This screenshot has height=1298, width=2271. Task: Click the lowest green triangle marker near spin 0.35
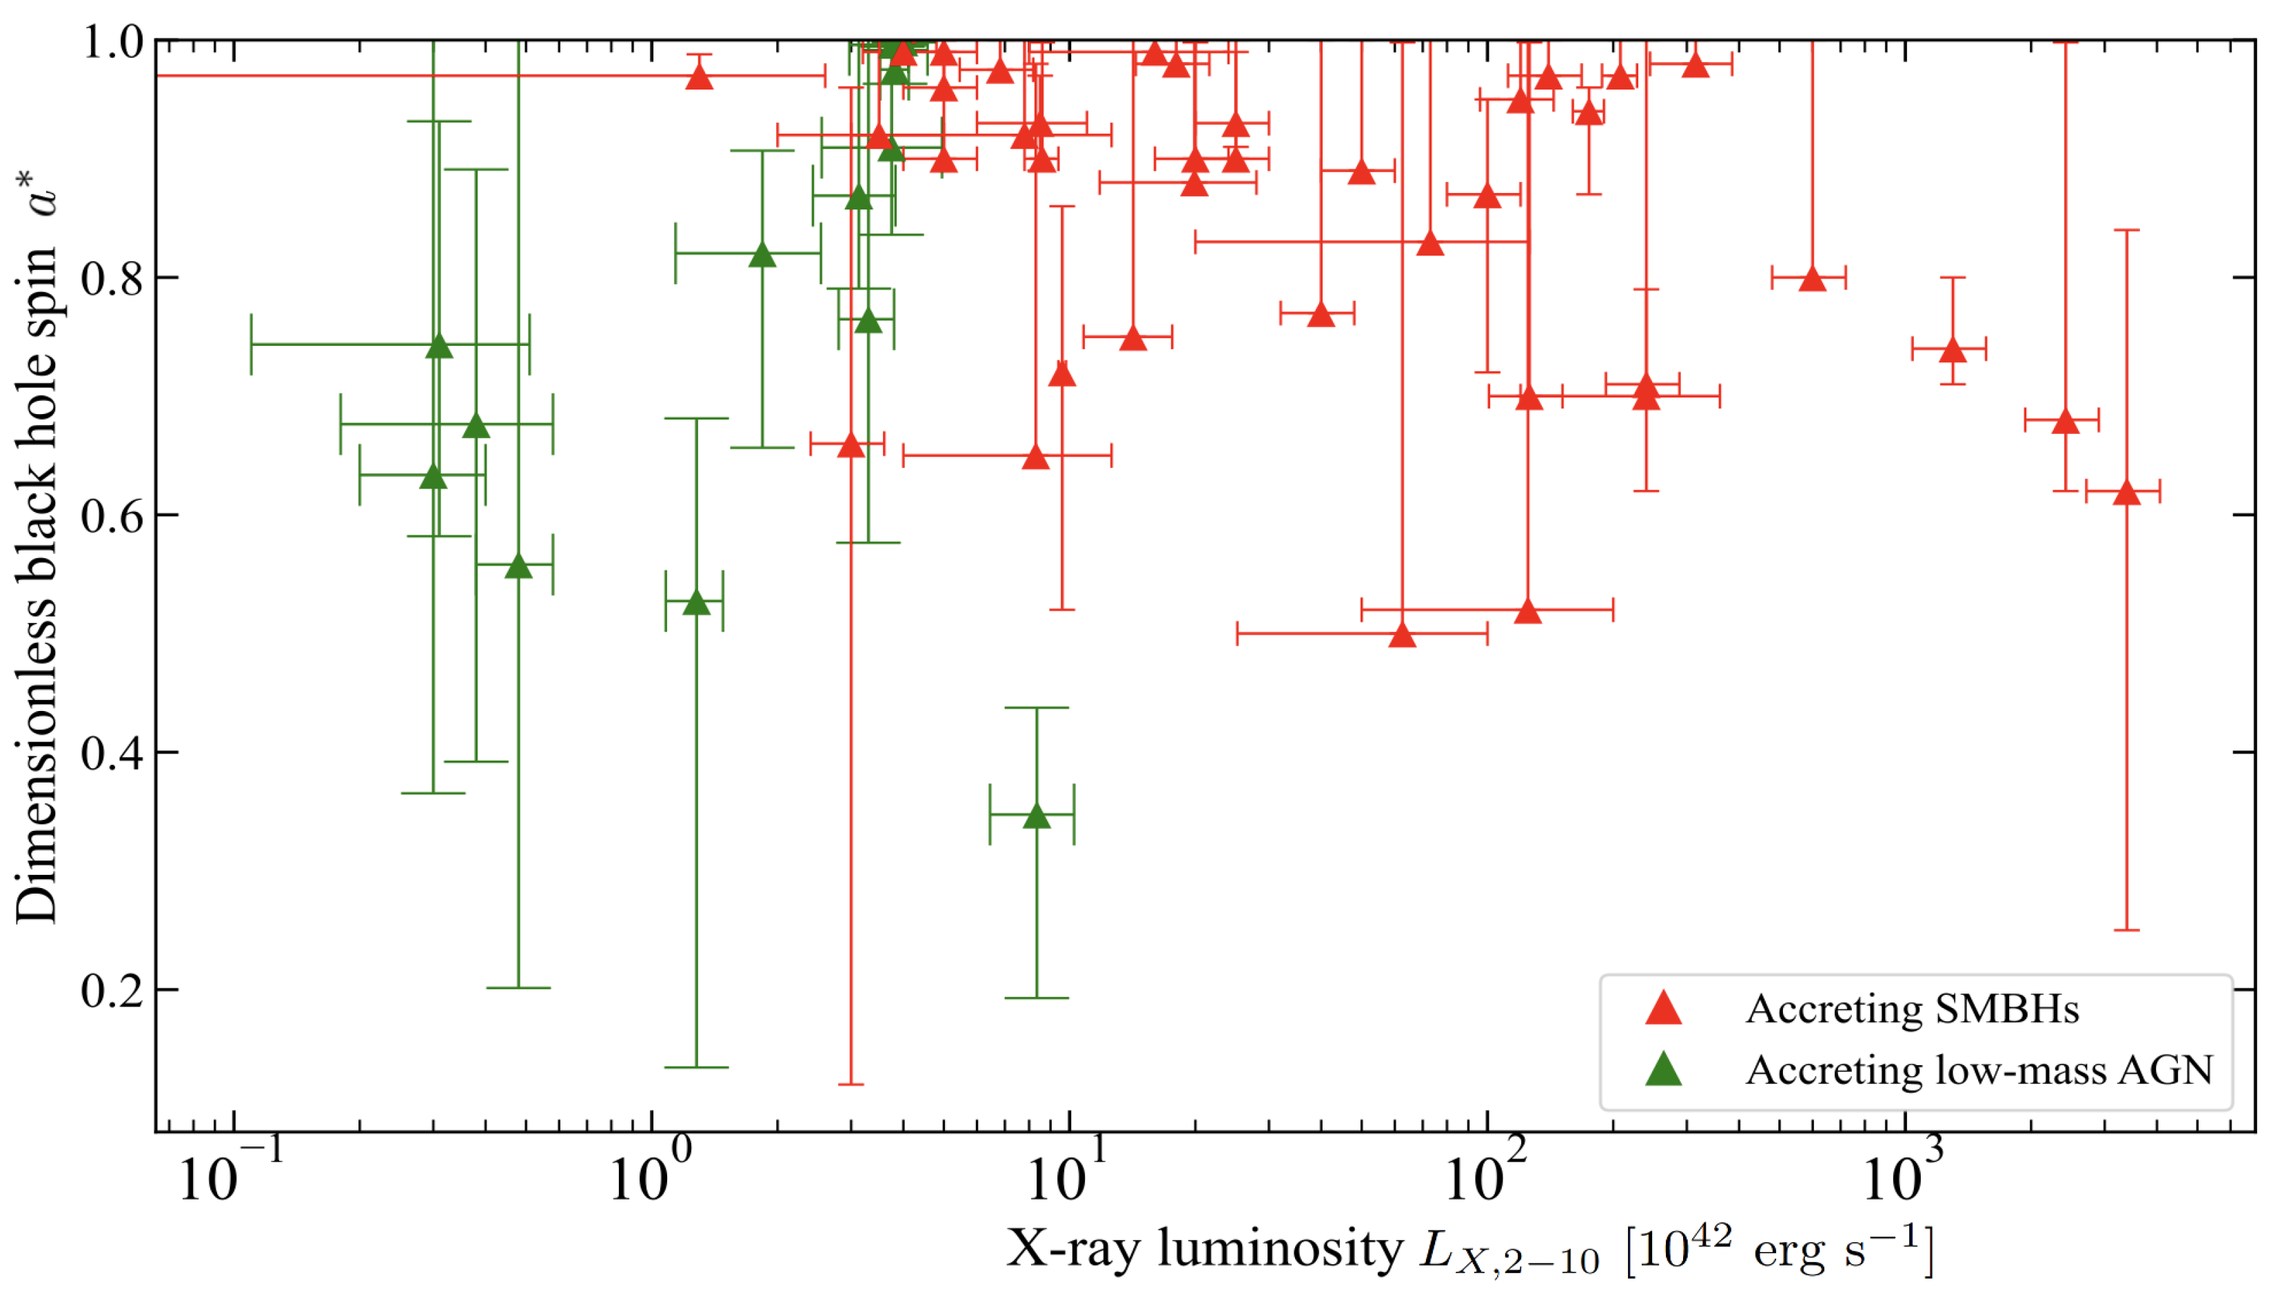pos(1036,816)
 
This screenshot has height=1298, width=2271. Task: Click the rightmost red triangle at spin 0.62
pos(2126,493)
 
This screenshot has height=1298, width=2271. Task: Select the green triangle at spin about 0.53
pos(696,604)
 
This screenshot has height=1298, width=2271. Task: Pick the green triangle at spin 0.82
pos(762,256)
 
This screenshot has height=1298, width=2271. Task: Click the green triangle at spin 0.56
pos(519,567)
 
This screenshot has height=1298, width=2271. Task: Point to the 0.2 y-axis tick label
pos(112,989)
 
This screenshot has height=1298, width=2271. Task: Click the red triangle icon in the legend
pos(1663,1008)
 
